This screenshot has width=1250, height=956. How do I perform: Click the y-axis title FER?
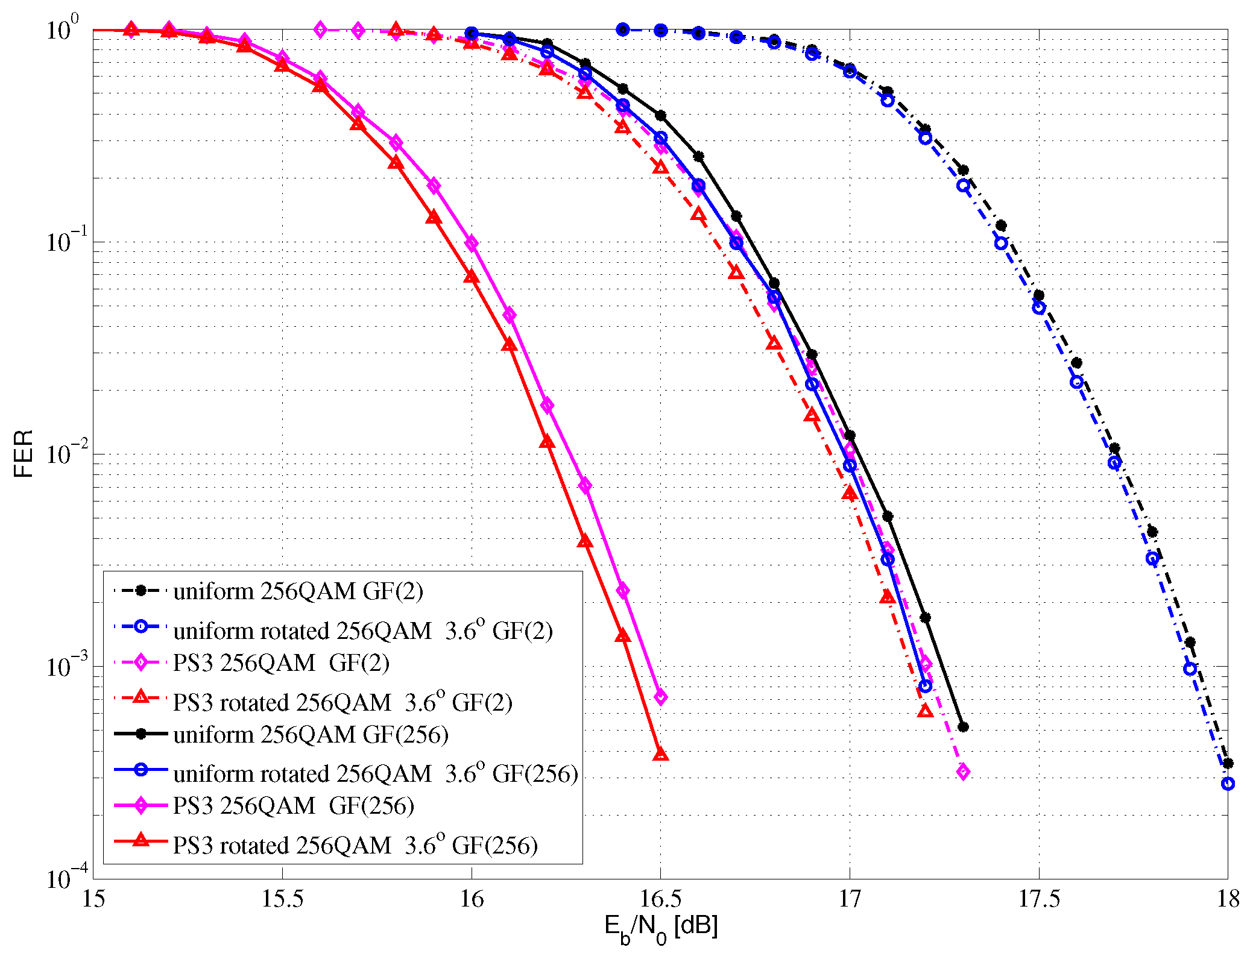pos(23,453)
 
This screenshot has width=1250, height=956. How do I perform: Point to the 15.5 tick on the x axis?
pos(282,899)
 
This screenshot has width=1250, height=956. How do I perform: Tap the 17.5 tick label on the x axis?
pos(1038,899)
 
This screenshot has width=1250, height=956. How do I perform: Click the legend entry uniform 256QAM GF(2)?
pos(298,591)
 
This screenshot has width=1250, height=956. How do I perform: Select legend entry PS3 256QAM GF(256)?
pos(293,806)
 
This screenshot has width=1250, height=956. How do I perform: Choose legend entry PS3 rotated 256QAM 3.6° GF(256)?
pos(355,845)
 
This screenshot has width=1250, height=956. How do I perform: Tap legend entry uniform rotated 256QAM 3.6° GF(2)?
pos(362,631)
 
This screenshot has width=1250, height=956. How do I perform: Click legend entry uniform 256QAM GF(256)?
pos(311,735)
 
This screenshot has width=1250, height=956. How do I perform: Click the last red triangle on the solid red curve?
pos(661,754)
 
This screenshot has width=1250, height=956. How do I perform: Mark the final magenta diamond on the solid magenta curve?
pos(661,697)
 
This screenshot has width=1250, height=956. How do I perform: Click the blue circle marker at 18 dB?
pos(1228,784)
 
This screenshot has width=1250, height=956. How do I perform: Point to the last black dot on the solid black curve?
pos(963,727)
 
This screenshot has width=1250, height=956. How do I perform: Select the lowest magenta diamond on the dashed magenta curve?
pos(963,772)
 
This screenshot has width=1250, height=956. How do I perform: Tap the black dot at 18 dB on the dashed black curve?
pos(1228,763)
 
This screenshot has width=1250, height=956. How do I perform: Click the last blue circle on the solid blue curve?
pos(925,686)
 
